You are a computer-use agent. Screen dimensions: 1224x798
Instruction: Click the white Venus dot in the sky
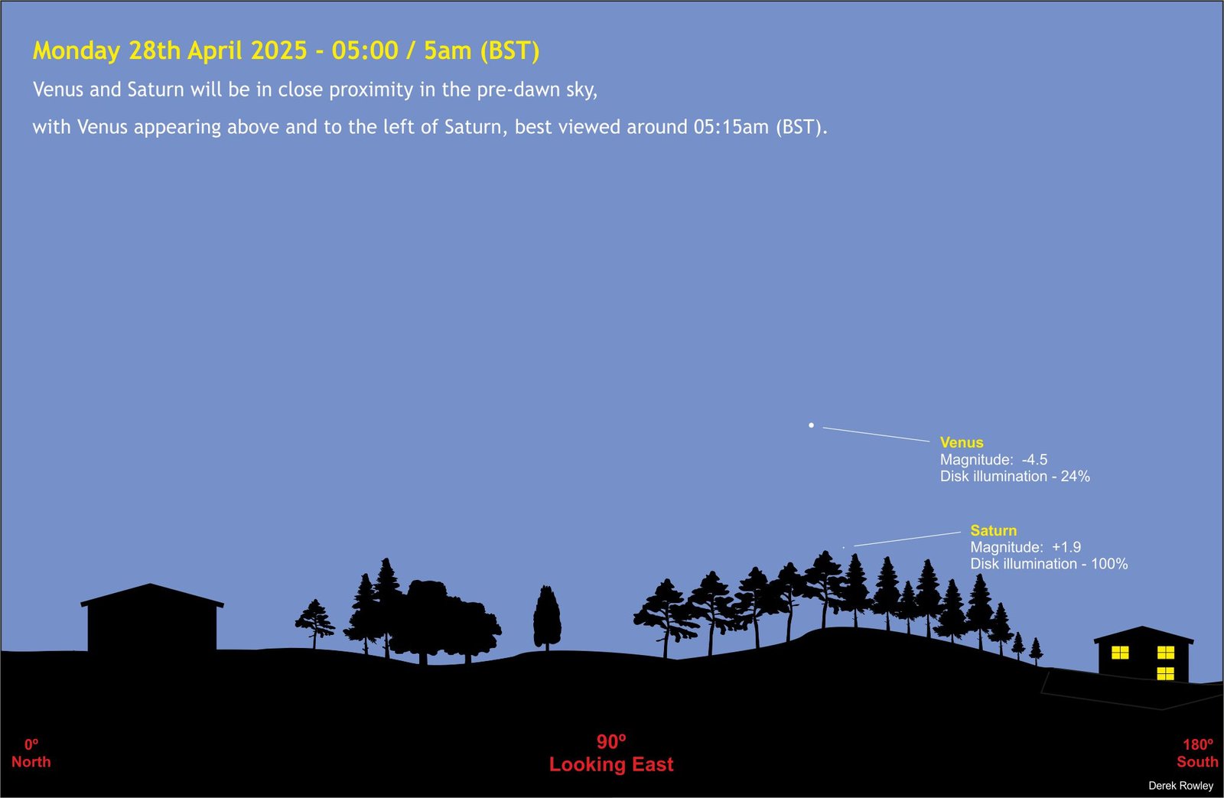[x=811, y=425]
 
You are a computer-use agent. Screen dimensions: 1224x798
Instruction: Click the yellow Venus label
[x=961, y=442]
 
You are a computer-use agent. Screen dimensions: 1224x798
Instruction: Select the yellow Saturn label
[x=994, y=530]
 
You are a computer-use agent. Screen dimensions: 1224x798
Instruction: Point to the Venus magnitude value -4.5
[x=1034, y=459]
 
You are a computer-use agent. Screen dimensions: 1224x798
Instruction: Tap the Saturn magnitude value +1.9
[x=1066, y=546]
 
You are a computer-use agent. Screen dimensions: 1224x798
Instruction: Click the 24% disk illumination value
[x=1076, y=476]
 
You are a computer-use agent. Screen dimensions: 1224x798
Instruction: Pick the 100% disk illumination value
[x=1109, y=564]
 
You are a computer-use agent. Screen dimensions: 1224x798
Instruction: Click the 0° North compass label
[x=31, y=753]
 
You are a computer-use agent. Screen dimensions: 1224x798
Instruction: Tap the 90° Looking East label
[x=611, y=753]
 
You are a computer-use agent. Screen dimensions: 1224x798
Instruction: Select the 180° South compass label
[x=1197, y=753]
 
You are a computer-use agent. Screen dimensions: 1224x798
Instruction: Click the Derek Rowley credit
[x=1181, y=786]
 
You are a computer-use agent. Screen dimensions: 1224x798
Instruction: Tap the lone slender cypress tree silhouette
[x=547, y=617]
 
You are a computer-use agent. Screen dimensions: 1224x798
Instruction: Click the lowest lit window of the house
[x=1166, y=673]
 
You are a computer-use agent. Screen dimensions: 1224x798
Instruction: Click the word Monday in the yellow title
[x=76, y=51]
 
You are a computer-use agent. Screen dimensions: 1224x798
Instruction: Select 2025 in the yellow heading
[x=278, y=50]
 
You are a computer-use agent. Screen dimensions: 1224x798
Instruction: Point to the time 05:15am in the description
[x=731, y=127]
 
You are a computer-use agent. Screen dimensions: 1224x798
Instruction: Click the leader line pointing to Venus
[x=876, y=434]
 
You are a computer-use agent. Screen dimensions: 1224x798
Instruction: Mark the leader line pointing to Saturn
[x=907, y=539]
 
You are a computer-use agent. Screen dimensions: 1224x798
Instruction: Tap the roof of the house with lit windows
[x=1143, y=634]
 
